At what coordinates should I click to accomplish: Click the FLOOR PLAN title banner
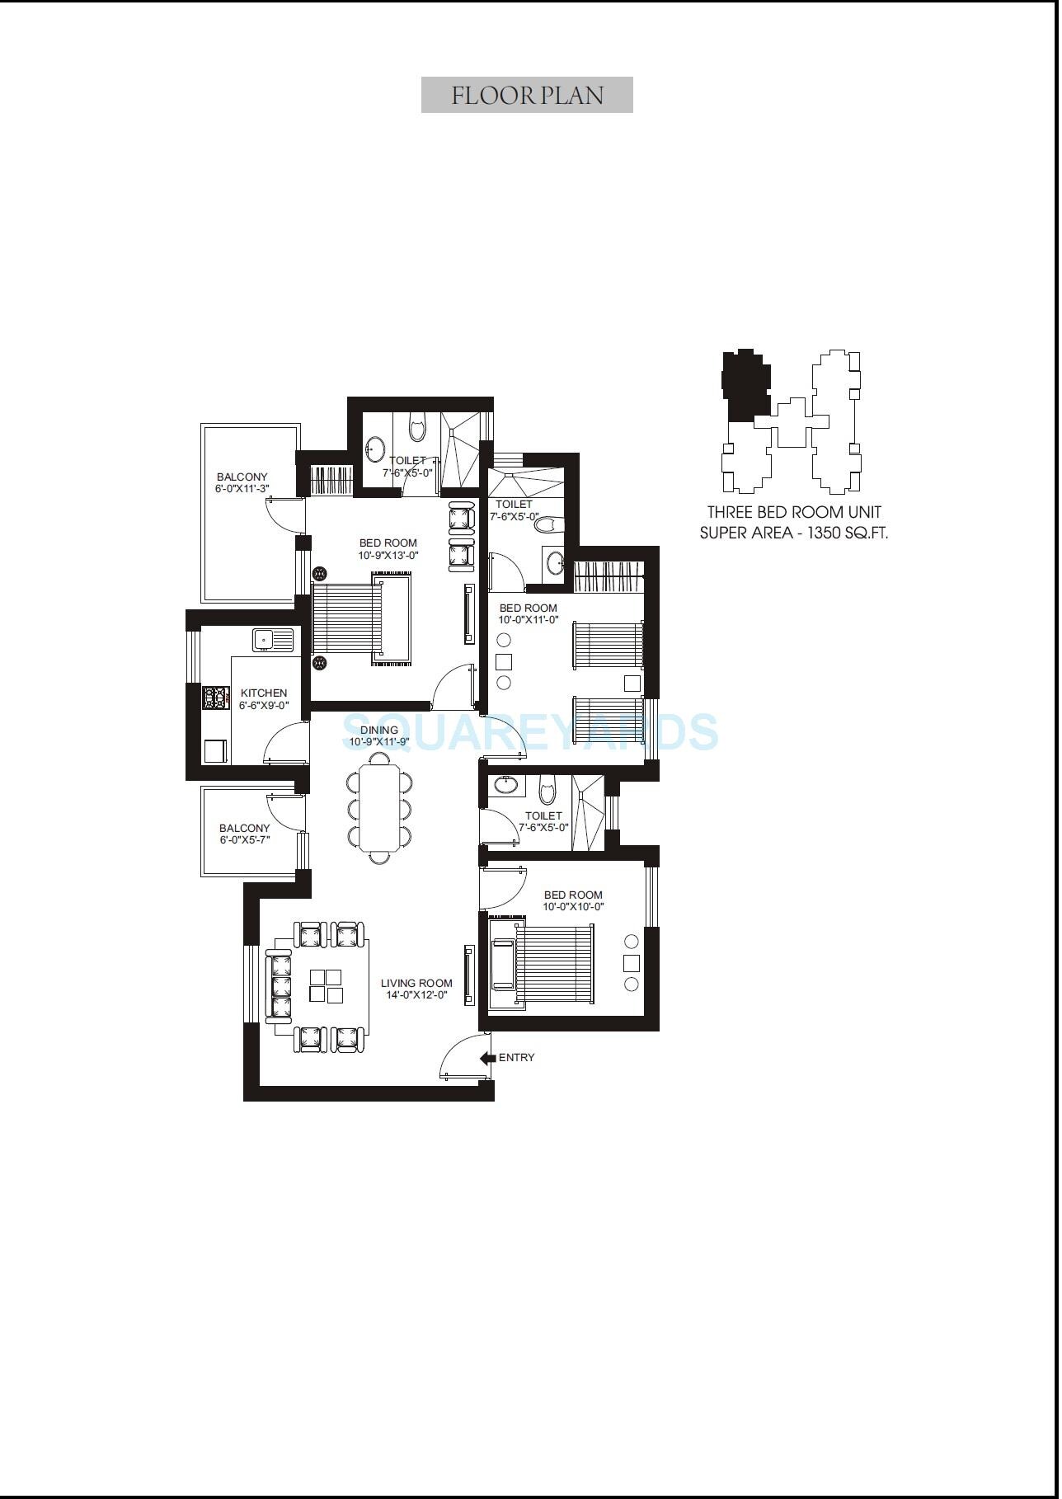(x=528, y=95)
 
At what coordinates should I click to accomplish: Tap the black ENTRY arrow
(x=487, y=1058)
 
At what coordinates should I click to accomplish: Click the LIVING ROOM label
(x=416, y=983)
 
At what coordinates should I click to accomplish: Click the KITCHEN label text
(x=264, y=693)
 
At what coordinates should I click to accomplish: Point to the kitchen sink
(x=272, y=639)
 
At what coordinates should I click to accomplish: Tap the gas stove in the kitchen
(x=215, y=698)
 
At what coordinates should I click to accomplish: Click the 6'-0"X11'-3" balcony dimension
(x=242, y=489)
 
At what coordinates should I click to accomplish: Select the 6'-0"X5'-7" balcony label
(x=245, y=840)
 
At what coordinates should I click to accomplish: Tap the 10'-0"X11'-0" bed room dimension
(x=529, y=620)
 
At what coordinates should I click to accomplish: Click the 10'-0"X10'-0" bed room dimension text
(x=573, y=907)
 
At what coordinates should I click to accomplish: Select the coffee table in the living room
(x=326, y=986)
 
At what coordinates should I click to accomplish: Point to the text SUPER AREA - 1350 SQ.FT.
(x=793, y=533)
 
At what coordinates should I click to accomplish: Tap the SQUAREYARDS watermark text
(x=529, y=731)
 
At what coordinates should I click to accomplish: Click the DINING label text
(x=379, y=730)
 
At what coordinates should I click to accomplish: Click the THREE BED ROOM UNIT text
(x=793, y=512)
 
